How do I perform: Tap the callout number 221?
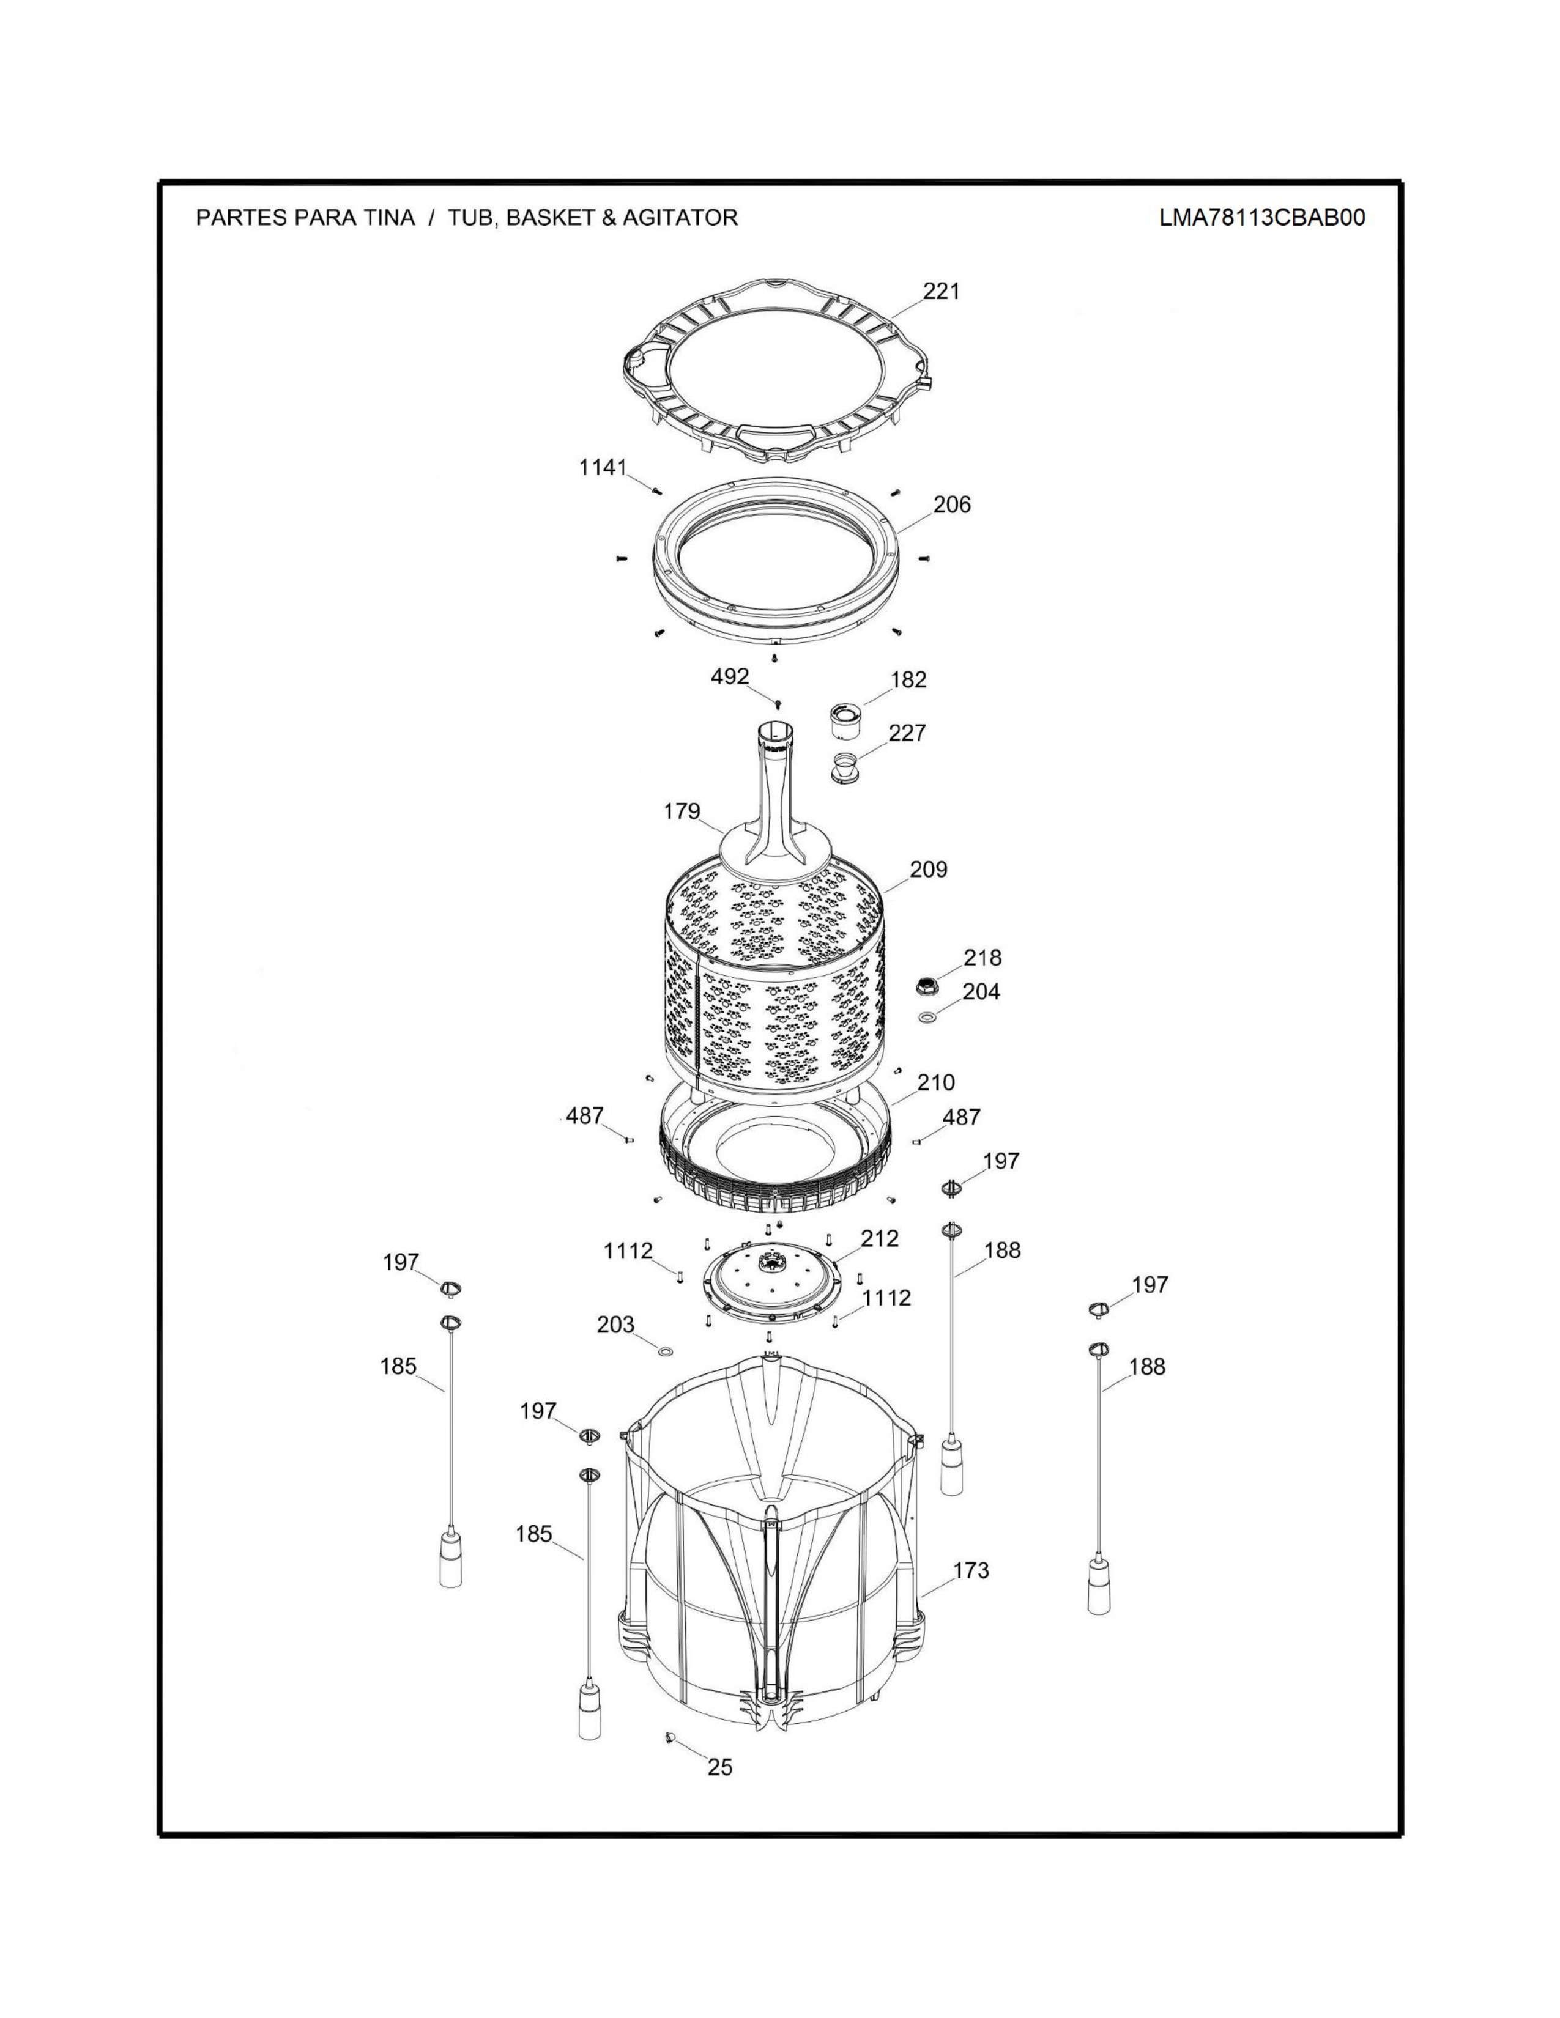(x=941, y=291)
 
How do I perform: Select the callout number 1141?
(x=603, y=468)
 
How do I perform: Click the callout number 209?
(x=928, y=870)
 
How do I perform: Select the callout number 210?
(x=935, y=1082)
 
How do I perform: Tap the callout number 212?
(x=879, y=1238)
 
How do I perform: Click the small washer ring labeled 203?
(x=664, y=1352)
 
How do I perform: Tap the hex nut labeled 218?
(x=926, y=986)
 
